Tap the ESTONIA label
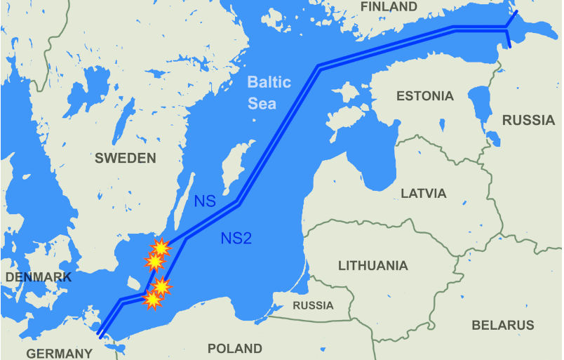click(x=424, y=96)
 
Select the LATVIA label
click(x=423, y=192)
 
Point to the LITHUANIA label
click(x=372, y=265)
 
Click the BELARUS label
click(x=502, y=325)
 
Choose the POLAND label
click(x=234, y=348)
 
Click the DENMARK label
click(x=38, y=277)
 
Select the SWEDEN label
click(x=126, y=158)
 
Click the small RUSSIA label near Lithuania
click(x=313, y=306)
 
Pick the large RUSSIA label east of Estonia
click(x=528, y=120)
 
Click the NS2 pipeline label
click(x=236, y=238)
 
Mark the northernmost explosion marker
click(x=161, y=247)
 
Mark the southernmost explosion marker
click(x=152, y=300)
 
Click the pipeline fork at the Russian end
click(x=506, y=29)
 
